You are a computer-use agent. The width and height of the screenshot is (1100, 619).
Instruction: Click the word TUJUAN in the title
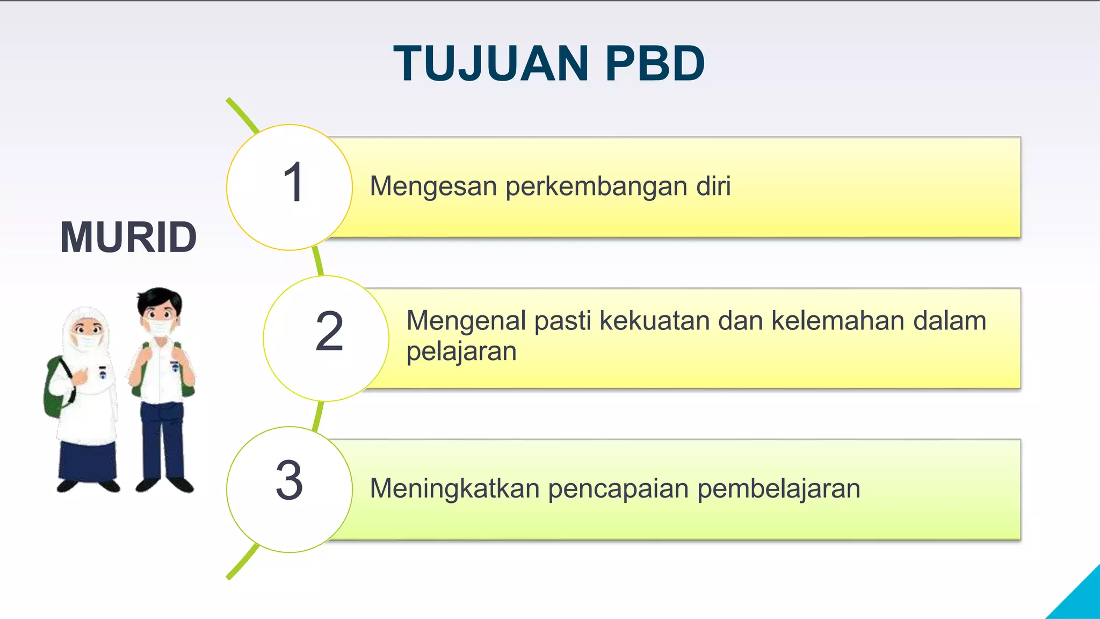tap(491, 64)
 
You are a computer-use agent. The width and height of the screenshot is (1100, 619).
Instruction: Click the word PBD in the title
tap(655, 64)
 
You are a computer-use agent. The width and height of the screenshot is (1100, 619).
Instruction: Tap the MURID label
tap(128, 237)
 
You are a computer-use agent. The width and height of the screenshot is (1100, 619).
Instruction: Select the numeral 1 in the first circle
tap(294, 183)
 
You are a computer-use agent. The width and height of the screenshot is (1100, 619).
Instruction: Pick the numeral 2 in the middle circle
tap(329, 332)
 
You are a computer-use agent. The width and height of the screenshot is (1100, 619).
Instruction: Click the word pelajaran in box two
tap(461, 352)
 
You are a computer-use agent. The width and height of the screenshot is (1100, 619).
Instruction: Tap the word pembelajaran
tap(779, 489)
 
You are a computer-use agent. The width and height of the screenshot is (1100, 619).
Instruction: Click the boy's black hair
tap(160, 298)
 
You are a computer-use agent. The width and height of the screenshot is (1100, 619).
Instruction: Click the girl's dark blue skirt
tap(87, 459)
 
